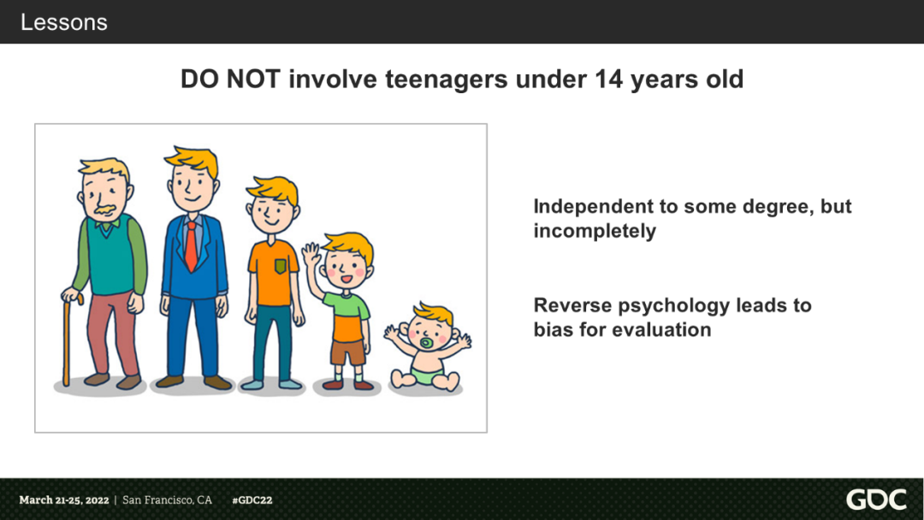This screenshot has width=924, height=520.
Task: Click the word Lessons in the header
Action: (63, 22)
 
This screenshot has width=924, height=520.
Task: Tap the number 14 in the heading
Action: (609, 79)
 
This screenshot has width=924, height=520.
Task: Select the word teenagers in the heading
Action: (446, 80)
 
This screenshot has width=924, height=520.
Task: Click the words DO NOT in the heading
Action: (230, 79)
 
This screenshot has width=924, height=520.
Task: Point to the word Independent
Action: (594, 207)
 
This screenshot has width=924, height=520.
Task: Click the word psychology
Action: (674, 306)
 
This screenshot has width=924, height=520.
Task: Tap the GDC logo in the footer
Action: (876, 499)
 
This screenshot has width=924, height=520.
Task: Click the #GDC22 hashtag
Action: (252, 500)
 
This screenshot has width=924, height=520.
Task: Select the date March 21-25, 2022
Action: (63, 500)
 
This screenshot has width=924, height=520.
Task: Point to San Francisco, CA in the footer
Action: (168, 500)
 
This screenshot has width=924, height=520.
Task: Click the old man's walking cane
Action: (69, 338)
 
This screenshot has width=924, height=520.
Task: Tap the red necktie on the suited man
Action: (191, 246)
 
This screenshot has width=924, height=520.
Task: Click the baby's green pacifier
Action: (425, 343)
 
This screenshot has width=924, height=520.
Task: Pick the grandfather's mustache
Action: (105, 210)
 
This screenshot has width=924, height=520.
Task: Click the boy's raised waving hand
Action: (311, 254)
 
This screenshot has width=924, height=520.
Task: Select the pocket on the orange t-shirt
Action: (281, 266)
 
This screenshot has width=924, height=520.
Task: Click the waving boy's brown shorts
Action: (347, 352)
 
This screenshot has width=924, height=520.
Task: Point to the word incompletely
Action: (595, 231)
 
